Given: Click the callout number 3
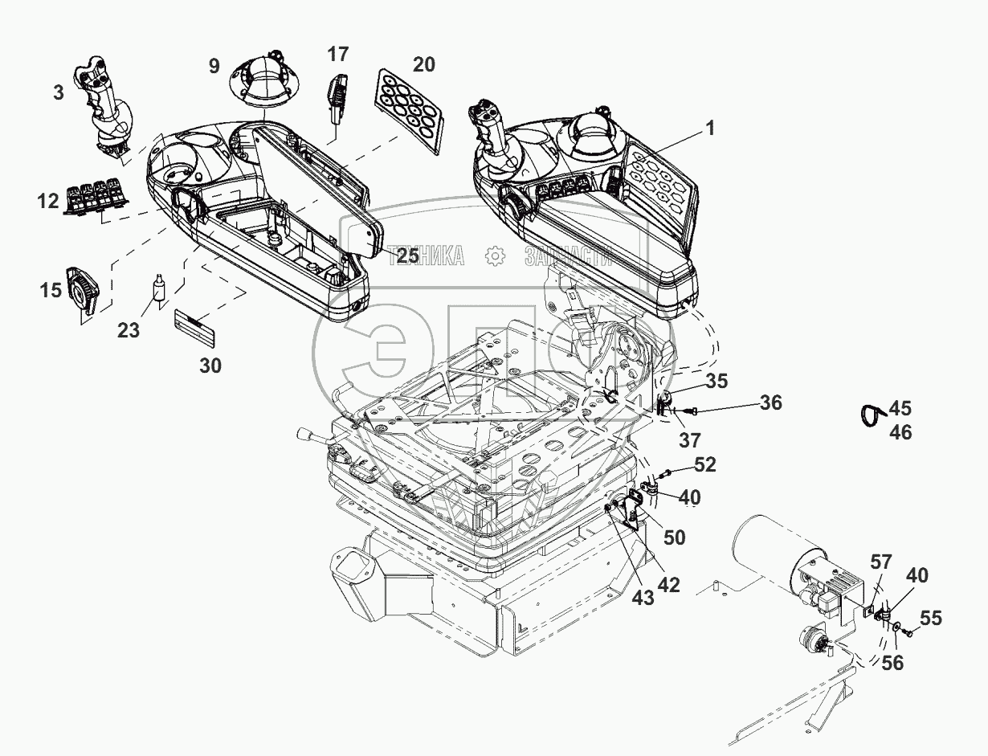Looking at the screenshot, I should pyautogui.click(x=58, y=93).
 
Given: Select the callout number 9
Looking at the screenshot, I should pyautogui.click(x=214, y=66).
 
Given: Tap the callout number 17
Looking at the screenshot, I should pyautogui.click(x=338, y=55).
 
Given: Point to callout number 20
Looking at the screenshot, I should pyautogui.click(x=423, y=64).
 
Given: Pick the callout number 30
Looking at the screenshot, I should pyautogui.click(x=210, y=366).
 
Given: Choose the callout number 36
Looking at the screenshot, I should pyautogui.click(x=770, y=403).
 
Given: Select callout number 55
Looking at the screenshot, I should pyautogui.click(x=931, y=619).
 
